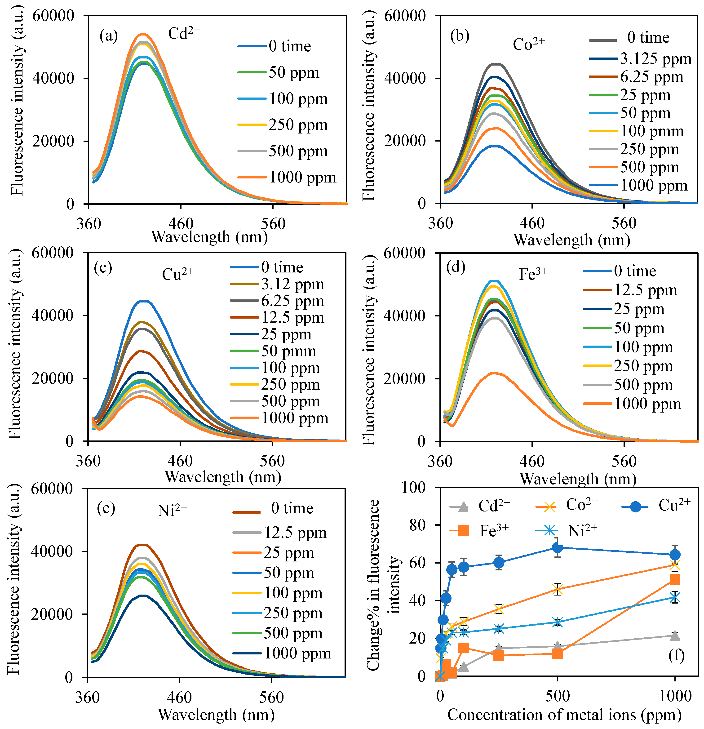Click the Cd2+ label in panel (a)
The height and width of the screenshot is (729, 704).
pos(184,33)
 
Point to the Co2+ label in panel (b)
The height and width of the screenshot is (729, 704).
pos(528,44)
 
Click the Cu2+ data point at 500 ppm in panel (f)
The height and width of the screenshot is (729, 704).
pos(557,547)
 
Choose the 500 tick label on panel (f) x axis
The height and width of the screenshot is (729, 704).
pos(557,696)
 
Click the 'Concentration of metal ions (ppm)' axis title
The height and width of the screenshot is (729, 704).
pos(564,715)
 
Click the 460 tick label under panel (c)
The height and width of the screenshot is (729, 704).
pos(180,461)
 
